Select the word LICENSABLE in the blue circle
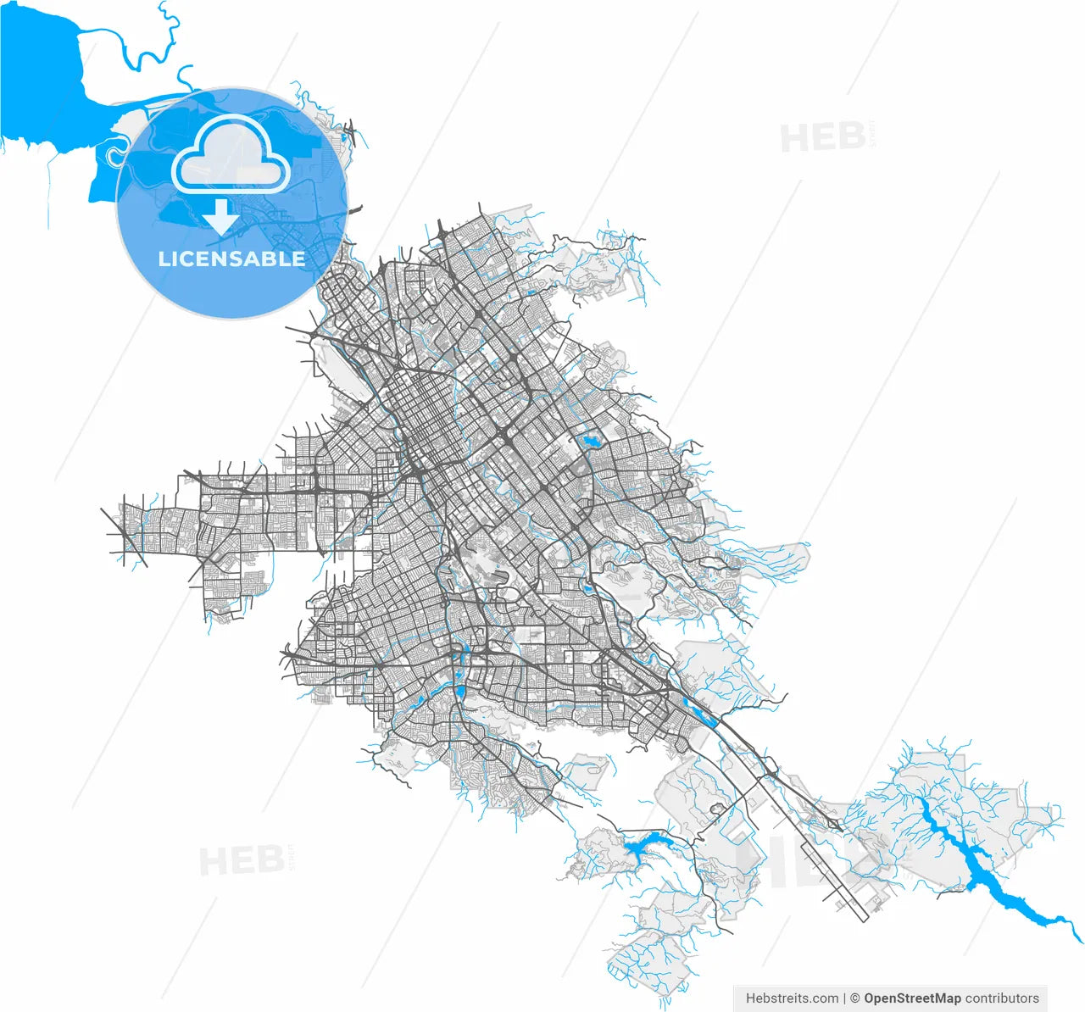point(231,259)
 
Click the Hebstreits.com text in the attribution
point(792,998)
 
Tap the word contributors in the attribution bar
point(1002,998)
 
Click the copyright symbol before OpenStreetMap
point(855,998)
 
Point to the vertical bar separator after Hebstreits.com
point(844,998)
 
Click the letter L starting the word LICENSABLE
point(164,259)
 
